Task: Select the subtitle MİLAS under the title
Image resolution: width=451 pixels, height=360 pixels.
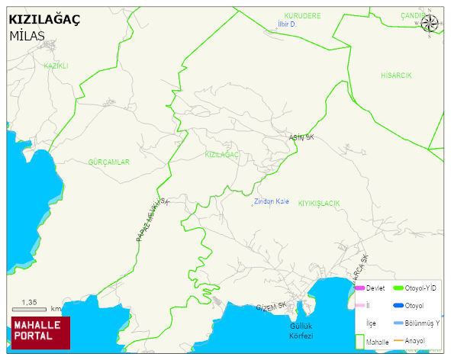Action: point(27,36)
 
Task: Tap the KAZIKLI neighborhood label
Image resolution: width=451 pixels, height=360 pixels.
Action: point(56,66)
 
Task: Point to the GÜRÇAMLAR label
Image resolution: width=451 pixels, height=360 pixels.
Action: point(108,162)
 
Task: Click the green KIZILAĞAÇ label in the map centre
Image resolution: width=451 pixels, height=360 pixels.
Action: point(223,154)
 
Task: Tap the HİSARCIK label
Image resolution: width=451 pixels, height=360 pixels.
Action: point(396,76)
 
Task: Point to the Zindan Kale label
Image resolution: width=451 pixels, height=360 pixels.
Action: point(271,201)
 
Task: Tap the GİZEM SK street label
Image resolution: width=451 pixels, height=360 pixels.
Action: point(271,306)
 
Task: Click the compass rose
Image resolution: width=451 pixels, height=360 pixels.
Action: point(430,24)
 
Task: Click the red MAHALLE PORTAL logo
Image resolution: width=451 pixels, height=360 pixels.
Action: point(40,332)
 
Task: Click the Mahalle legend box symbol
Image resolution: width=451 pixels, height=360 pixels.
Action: point(359,340)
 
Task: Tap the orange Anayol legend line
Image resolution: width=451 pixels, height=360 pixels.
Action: point(398,340)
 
